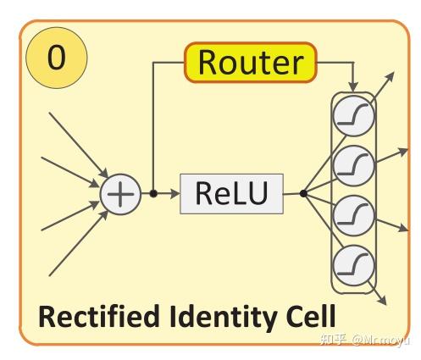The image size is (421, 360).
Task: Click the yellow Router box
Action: (x=250, y=63)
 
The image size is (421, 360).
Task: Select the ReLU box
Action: (x=230, y=193)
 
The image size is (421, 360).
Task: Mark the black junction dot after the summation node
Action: (x=153, y=194)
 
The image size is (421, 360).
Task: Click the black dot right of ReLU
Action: (x=302, y=194)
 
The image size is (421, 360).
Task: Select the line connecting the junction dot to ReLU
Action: (x=168, y=194)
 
